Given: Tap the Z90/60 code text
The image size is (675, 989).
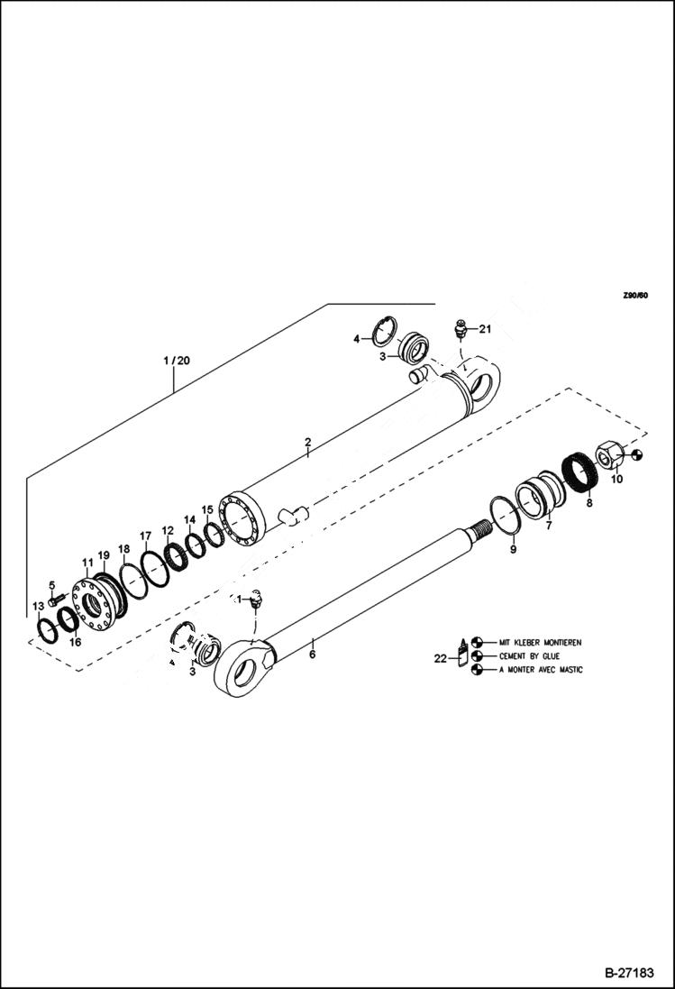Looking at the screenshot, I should (x=634, y=295).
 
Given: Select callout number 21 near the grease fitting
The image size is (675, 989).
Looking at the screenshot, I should (x=485, y=329).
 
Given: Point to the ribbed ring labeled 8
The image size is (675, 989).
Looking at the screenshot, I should (x=577, y=475).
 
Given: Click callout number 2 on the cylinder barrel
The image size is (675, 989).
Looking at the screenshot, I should (x=307, y=442).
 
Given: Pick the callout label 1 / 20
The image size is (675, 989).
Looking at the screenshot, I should (x=177, y=361).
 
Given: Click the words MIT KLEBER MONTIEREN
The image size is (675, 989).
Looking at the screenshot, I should (x=541, y=642).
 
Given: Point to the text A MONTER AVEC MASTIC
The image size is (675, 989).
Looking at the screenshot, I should (x=539, y=670).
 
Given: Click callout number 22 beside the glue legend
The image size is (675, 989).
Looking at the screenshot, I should (x=441, y=658).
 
